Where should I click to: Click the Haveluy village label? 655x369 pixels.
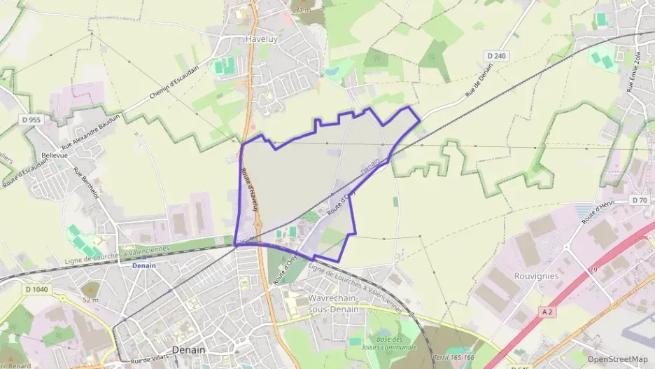pos(261,40)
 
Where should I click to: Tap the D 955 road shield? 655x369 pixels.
pos(31,120)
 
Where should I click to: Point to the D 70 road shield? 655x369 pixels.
pos(639,200)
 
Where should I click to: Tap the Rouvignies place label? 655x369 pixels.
pos(537,276)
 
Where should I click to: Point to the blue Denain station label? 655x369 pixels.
pos(145,265)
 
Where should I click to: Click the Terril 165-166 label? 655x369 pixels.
pos(453,357)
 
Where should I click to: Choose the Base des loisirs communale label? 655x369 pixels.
pos(390,342)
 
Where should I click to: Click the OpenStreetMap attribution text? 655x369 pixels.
pos(618,359)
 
